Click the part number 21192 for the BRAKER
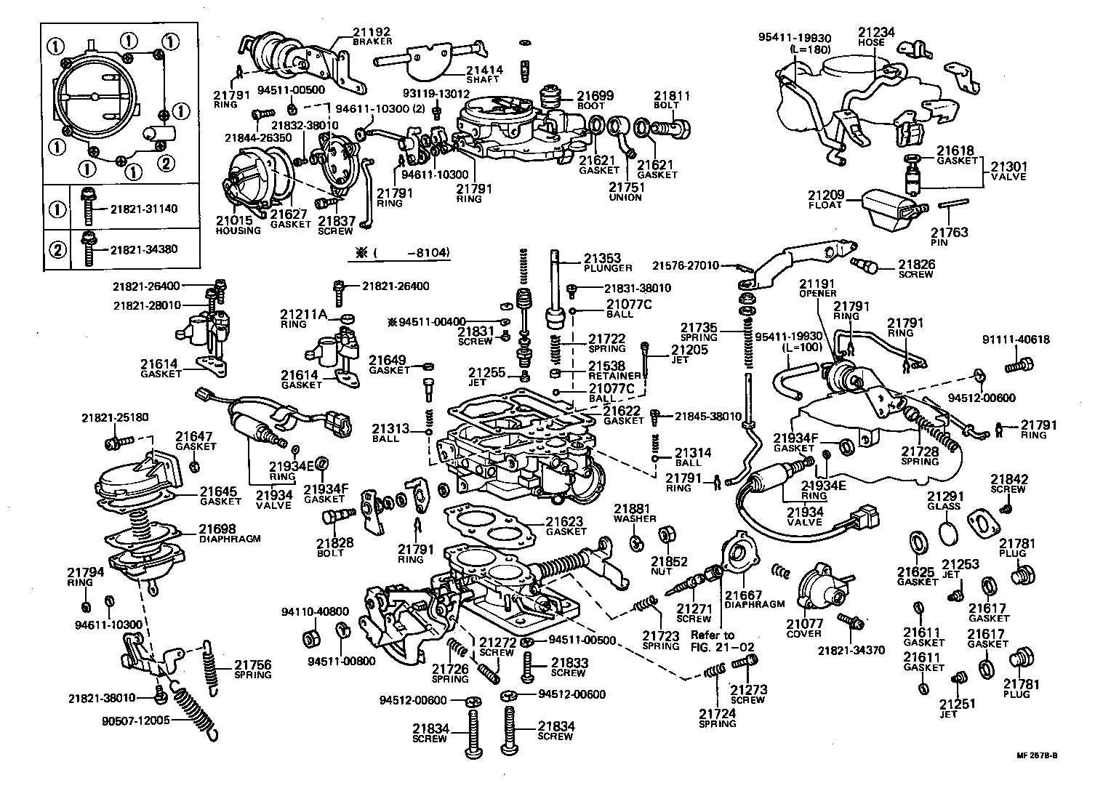pos(372,32)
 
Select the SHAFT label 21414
pos(484,71)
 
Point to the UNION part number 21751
pos(625,187)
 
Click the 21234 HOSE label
pos(875,33)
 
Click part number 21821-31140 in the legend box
pos(144,209)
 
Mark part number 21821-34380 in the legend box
pos(144,249)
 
